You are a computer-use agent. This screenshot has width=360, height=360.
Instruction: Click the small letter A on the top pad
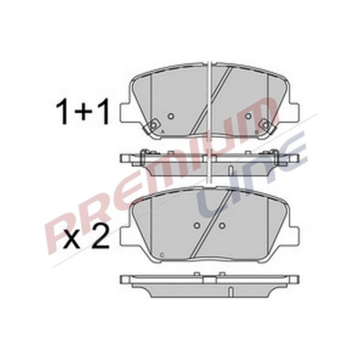(x=162, y=131)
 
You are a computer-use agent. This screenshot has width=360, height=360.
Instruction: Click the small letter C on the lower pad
(x=161, y=254)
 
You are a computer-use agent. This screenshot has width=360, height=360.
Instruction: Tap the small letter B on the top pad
(x=257, y=132)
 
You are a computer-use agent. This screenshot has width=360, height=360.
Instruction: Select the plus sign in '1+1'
(x=83, y=115)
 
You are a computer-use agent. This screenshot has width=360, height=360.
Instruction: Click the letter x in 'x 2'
(x=71, y=241)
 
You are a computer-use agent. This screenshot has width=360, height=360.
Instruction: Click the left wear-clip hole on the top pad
(x=154, y=125)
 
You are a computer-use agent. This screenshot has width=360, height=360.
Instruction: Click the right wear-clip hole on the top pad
(x=266, y=125)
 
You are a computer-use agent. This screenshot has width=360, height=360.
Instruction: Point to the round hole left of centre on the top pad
(x=171, y=116)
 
